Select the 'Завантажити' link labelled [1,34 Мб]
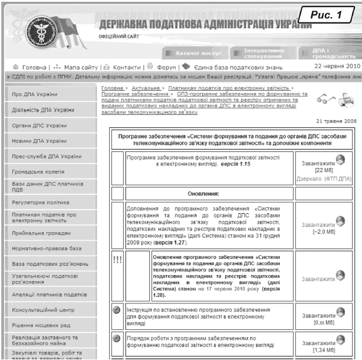318,342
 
